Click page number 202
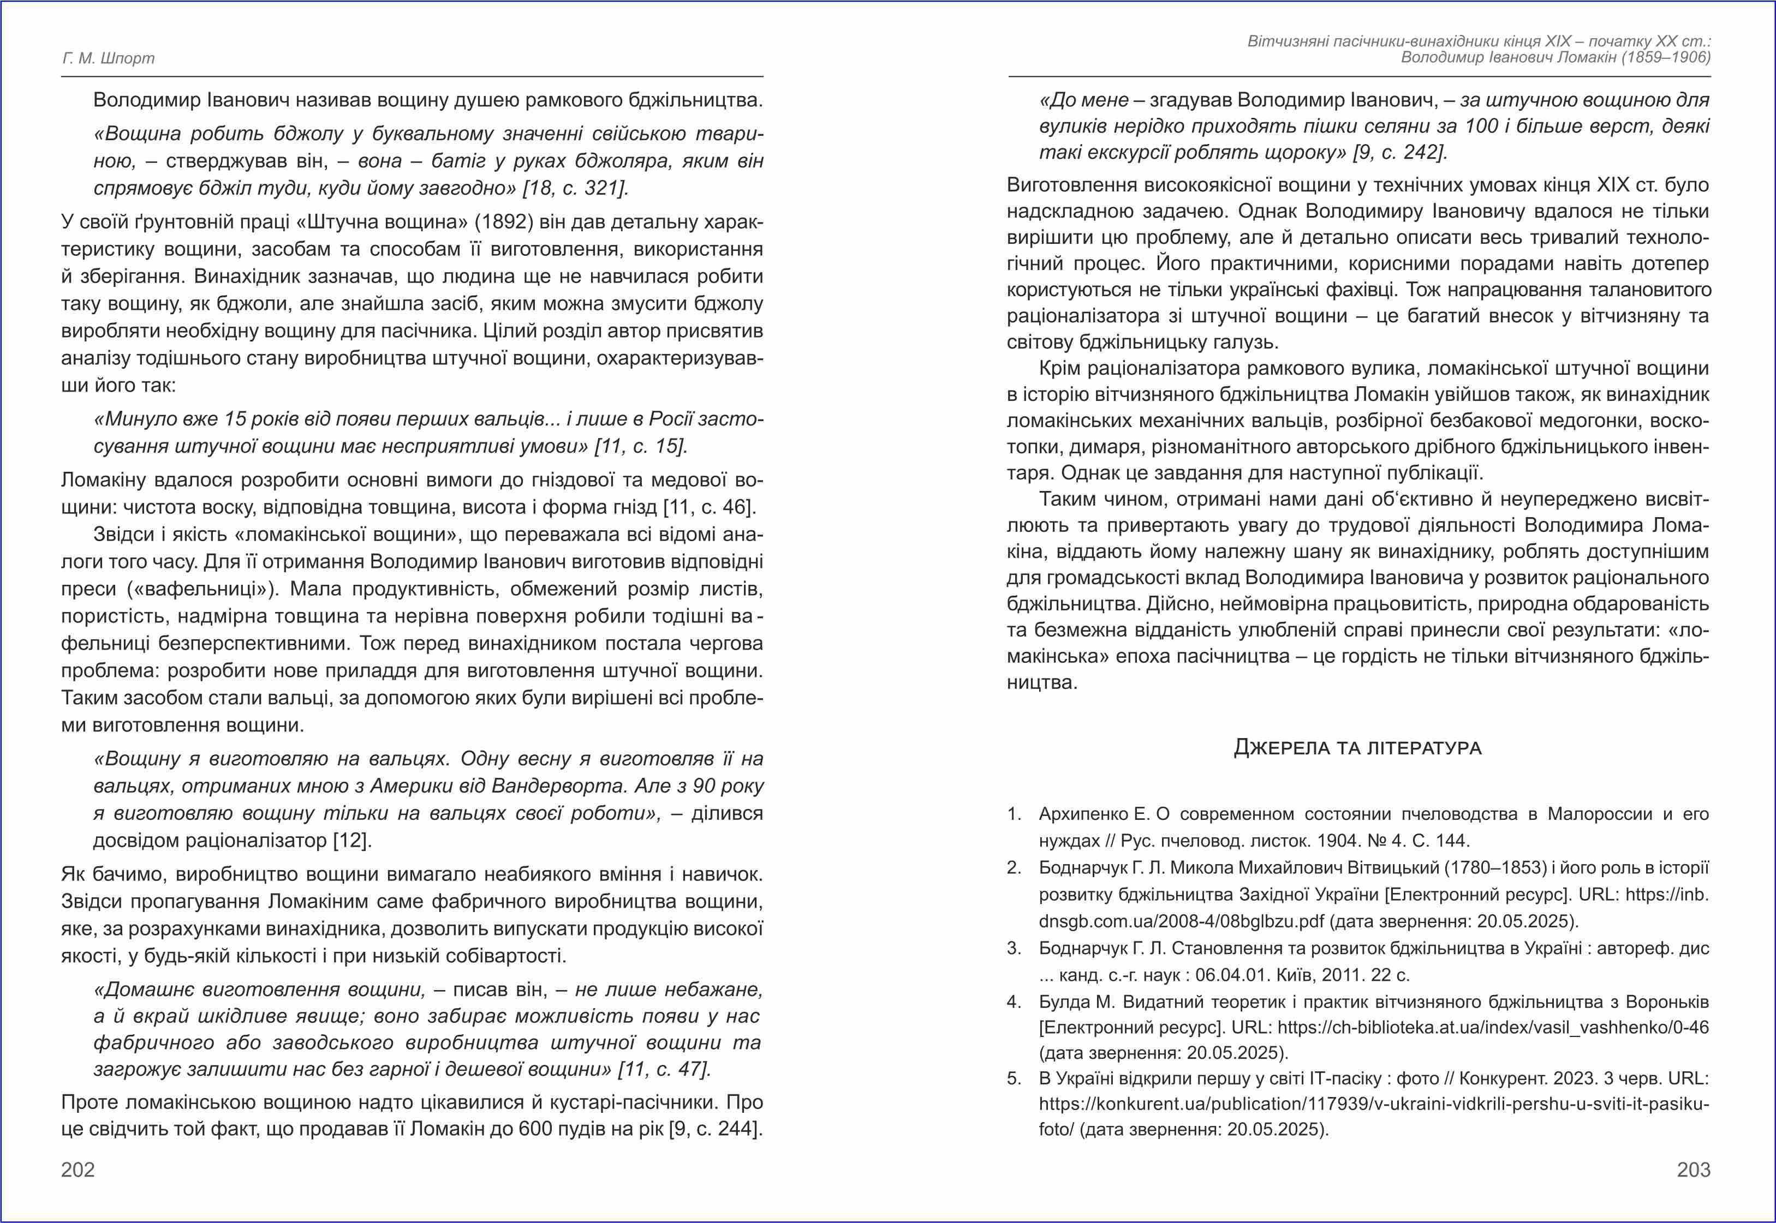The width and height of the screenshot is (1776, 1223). click(x=78, y=1170)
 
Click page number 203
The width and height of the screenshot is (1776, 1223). click(x=1693, y=1170)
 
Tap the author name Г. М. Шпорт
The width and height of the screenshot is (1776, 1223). click(x=108, y=58)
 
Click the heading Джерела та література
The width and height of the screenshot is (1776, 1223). click(x=1357, y=747)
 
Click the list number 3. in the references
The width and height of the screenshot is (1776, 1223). click(x=1014, y=949)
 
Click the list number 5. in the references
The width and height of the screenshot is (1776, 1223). click(x=1014, y=1079)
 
